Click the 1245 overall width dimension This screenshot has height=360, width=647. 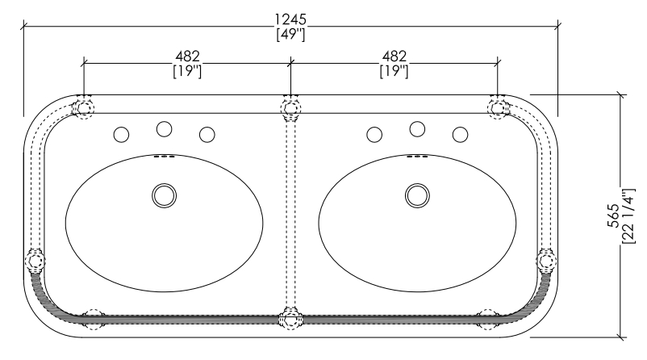pyautogui.click(x=291, y=19)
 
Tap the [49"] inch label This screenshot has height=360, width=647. pyautogui.click(x=291, y=34)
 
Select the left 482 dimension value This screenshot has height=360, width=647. pyautogui.click(x=187, y=57)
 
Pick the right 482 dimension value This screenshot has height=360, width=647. pyautogui.click(x=394, y=57)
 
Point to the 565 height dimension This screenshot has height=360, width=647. pyautogui.click(x=613, y=216)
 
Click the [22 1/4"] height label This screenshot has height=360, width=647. pyautogui.click(x=628, y=216)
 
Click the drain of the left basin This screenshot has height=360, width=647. pyautogui.click(x=165, y=195)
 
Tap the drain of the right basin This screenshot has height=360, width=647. pyautogui.click(x=417, y=195)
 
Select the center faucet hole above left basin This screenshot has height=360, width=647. pyautogui.click(x=165, y=129)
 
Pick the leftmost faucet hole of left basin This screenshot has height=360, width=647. pyautogui.click(x=121, y=135)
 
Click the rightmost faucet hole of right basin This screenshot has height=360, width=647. pyautogui.click(x=460, y=135)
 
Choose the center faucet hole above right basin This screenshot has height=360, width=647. pyautogui.click(x=417, y=129)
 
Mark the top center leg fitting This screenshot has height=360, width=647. pyautogui.click(x=291, y=107)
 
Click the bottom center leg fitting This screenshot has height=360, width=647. pyautogui.click(x=291, y=319)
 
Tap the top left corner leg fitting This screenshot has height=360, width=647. pyautogui.click(x=83, y=107)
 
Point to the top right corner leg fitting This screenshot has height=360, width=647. pyautogui.click(x=498, y=107)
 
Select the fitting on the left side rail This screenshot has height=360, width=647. pyautogui.click(x=35, y=261)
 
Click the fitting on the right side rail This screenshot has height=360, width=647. pyautogui.click(x=546, y=261)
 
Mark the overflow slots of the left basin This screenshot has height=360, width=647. pyautogui.click(x=165, y=157)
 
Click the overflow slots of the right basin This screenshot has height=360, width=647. pyautogui.click(x=417, y=157)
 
